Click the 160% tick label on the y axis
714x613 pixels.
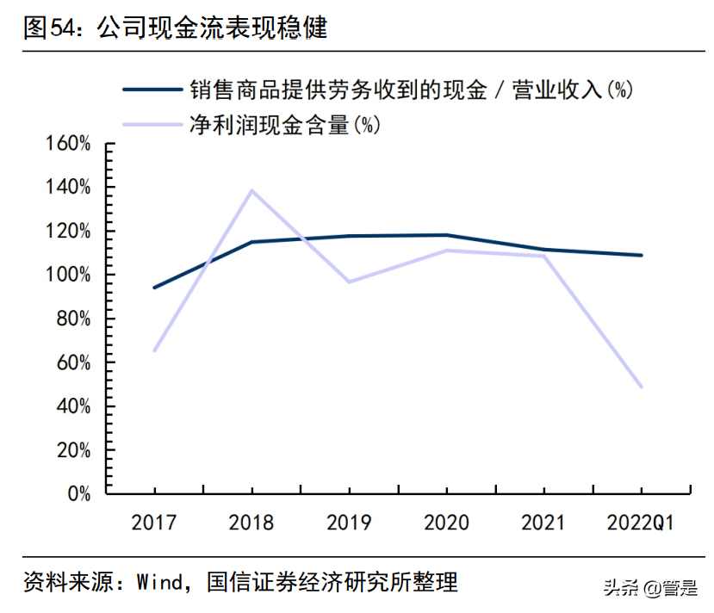(68, 144)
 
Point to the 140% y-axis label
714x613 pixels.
(68, 188)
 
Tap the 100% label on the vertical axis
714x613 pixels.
(68, 275)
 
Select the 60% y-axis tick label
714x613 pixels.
(72, 362)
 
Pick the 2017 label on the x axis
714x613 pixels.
(154, 523)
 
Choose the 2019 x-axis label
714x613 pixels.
(349, 523)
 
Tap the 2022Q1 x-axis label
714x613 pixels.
(641, 523)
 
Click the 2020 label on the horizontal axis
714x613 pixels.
(446, 523)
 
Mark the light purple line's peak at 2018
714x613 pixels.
(251, 190)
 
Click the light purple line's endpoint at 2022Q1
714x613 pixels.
(642, 387)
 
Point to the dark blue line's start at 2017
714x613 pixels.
(154, 288)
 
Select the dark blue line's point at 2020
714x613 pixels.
(446, 235)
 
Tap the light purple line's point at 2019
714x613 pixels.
(349, 282)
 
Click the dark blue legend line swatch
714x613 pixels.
(153, 89)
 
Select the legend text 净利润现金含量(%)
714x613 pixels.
(285, 125)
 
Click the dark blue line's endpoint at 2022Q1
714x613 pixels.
(642, 255)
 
